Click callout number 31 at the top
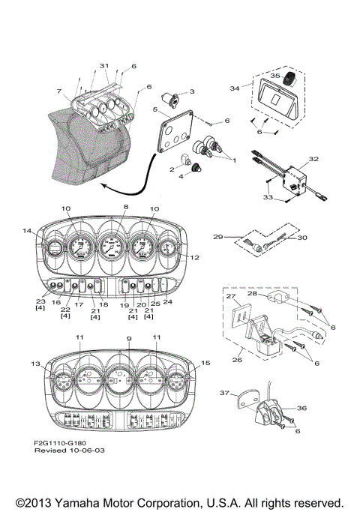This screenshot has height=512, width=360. coord(104,66)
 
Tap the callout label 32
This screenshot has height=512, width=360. coord(313,160)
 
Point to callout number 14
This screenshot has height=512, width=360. coord(28,230)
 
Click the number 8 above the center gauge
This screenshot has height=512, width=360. coord(126,206)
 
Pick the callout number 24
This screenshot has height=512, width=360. coord(167,302)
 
